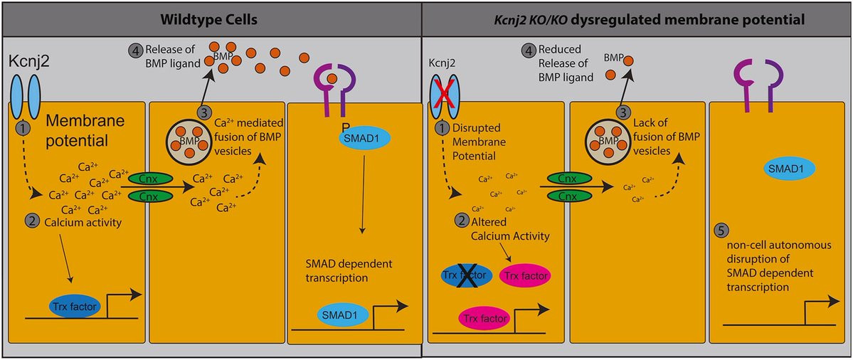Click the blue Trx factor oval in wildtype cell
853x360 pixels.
pos(75,307)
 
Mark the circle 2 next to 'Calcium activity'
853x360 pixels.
pos(31,221)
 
